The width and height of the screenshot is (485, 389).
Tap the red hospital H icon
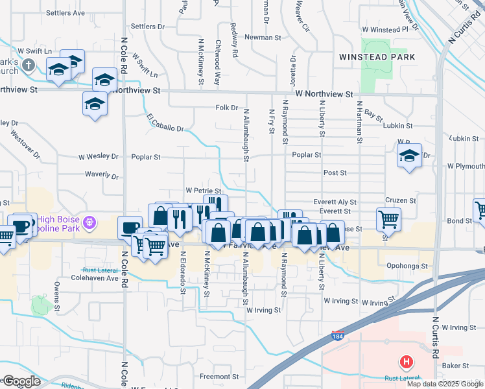tap(407, 361)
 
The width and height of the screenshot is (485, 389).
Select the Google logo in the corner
tap(21, 381)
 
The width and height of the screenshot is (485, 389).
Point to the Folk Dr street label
tap(227, 108)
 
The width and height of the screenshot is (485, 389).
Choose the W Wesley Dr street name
tap(99, 156)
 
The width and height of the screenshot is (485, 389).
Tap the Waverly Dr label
tap(102, 174)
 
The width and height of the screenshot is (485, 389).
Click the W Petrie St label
tap(204, 191)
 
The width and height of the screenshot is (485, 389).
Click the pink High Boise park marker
tap(90, 222)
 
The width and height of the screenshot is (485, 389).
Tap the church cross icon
tap(28, 65)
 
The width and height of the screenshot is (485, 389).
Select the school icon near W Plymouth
tap(409, 156)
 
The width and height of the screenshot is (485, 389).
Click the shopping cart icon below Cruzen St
tap(388, 218)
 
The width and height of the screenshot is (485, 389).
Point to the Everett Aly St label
tap(335, 202)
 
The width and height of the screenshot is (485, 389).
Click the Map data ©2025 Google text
tap(444, 384)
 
